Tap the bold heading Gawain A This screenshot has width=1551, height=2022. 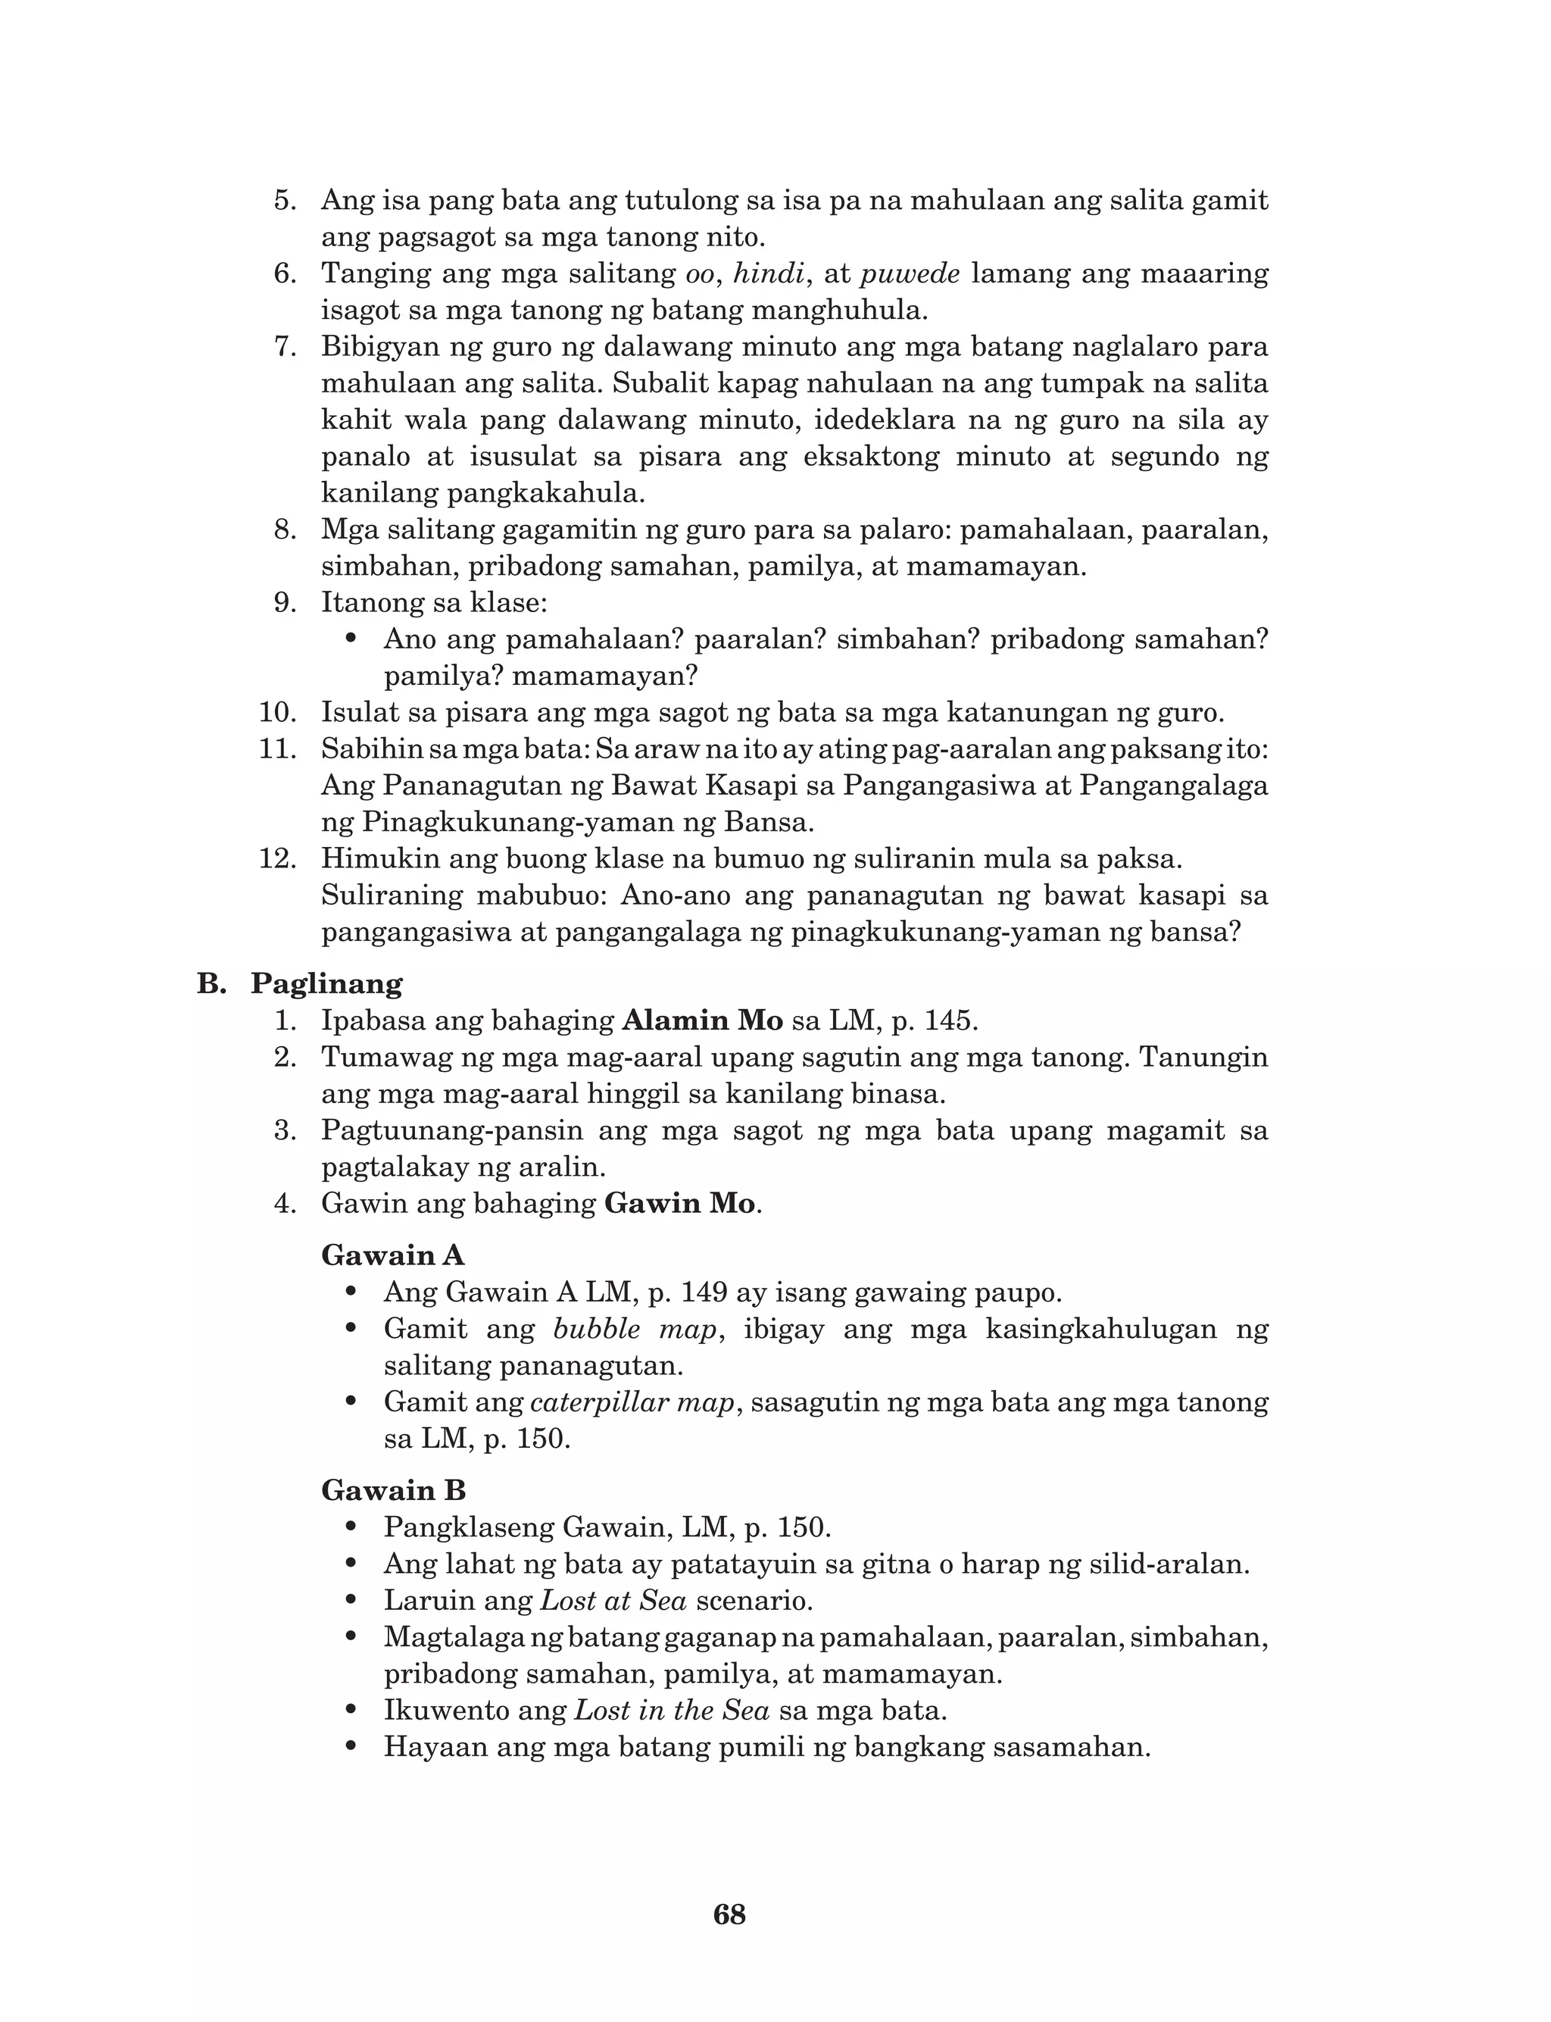point(392,1255)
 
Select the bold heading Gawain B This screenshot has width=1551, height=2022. point(393,1491)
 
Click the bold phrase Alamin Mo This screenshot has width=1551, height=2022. point(703,1021)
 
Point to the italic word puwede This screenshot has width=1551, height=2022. point(910,273)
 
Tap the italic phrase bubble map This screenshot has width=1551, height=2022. point(635,1329)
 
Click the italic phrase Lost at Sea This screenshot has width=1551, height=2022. point(614,1600)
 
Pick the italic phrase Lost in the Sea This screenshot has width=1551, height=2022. point(671,1710)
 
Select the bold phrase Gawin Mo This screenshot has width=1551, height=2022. point(679,1204)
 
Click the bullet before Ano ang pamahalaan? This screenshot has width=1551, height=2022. point(350,639)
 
